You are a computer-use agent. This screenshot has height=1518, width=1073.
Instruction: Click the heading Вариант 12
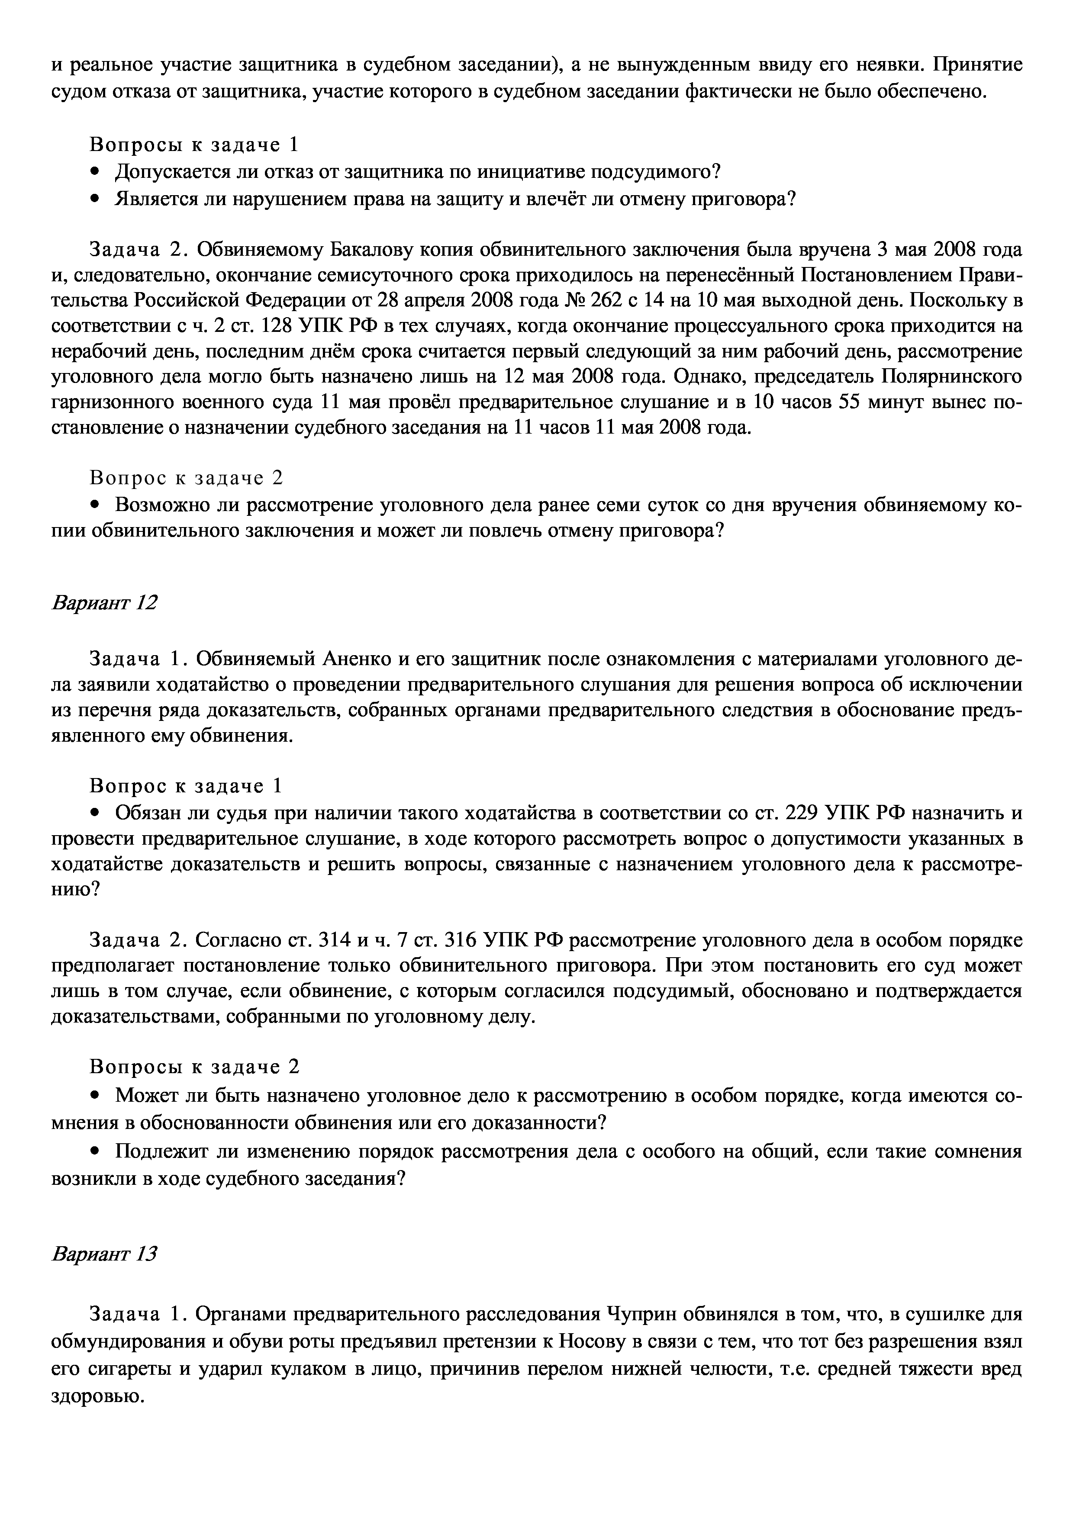[x=104, y=603]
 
